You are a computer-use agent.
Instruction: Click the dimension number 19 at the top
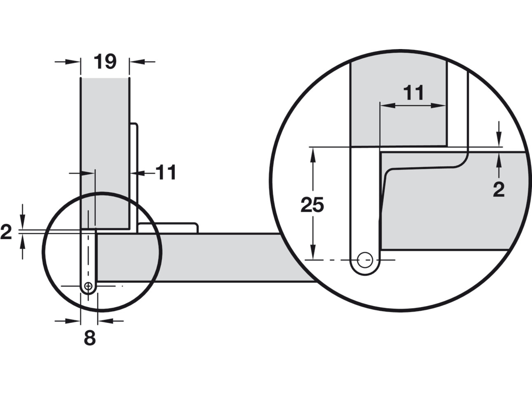tap(105, 62)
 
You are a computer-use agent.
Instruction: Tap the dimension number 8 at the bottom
tap(90, 338)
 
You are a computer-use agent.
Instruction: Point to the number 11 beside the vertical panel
tap(166, 172)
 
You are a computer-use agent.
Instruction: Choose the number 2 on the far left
tap(6, 232)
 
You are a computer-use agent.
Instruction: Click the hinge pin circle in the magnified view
tap(365, 260)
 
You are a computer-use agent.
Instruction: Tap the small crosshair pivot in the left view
tap(88, 286)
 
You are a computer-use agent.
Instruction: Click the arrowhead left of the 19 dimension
tap(74, 62)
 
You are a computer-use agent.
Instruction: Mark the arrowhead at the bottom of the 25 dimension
tap(313, 254)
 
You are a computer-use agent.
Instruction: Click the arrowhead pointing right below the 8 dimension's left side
tap(74, 321)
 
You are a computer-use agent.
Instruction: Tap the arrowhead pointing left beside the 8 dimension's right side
tap(104, 321)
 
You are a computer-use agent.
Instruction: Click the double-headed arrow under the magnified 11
tap(413, 106)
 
